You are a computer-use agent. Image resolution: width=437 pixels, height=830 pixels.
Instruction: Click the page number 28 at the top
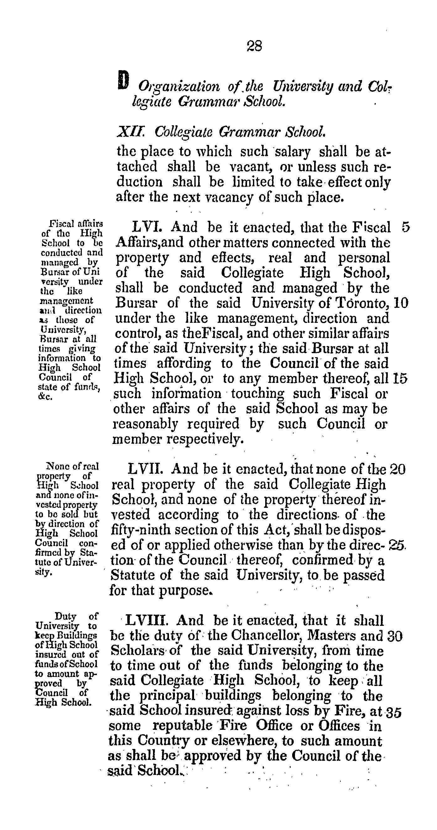254,46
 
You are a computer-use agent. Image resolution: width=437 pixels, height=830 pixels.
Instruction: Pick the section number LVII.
145,469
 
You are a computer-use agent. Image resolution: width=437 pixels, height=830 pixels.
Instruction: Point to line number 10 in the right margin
401,303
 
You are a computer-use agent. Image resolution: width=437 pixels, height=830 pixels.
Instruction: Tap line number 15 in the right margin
400,379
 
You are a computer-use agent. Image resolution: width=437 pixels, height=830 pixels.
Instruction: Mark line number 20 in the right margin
397,469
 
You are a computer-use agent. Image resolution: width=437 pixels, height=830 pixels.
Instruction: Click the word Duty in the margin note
66,616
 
